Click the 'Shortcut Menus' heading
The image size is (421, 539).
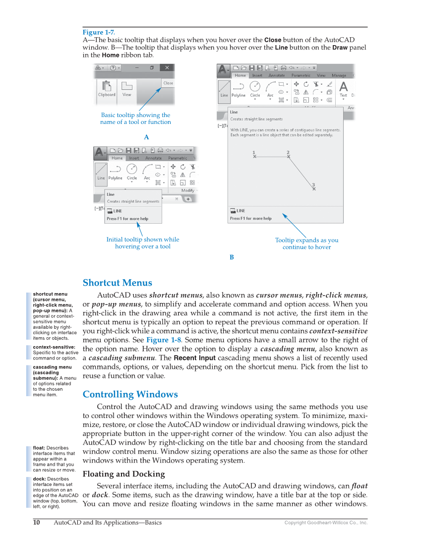tap(117, 283)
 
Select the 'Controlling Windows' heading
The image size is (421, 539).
tap(130, 395)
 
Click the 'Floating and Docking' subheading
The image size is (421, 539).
tap(123, 474)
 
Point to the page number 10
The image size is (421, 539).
tap(36, 523)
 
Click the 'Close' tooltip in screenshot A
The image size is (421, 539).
tap(168, 83)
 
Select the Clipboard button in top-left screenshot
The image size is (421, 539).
tap(107, 90)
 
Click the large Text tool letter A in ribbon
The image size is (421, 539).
tap(343, 86)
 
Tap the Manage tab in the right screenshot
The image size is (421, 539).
tap(339, 75)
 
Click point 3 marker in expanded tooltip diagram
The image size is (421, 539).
tap(313, 187)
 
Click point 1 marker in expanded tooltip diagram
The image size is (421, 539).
tap(254, 155)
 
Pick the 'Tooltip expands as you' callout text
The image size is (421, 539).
tap(306, 240)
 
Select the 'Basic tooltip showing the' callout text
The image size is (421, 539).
tap(135, 115)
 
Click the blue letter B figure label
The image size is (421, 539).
tap(232, 257)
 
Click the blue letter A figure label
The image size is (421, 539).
tap(146, 136)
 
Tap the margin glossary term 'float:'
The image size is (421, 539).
tap(40, 448)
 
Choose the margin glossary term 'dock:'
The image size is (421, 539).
tap(40, 479)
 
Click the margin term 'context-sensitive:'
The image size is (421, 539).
tap(54, 347)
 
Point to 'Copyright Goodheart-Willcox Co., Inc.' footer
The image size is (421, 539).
tap(325, 523)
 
